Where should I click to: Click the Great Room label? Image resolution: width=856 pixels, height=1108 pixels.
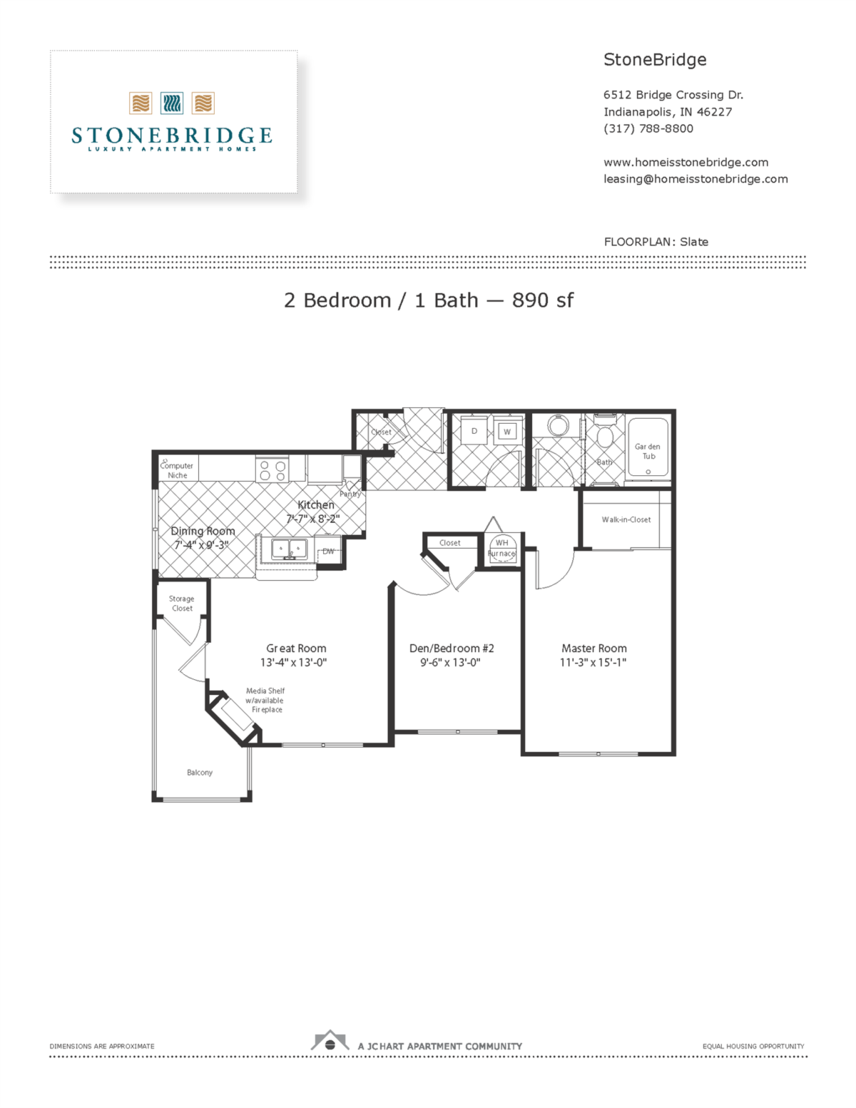pyautogui.click(x=296, y=648)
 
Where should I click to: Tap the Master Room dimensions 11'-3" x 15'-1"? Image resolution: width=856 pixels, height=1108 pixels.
pyautogui.click(x=593, y=663)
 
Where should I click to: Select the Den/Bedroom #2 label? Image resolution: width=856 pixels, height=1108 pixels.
pyautogui.click(x=452, y=648)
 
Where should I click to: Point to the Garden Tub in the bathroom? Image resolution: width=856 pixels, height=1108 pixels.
pyautogui.click(x=648, y=448)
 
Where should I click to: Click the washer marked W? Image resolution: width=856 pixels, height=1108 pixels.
pyautogui.click(x=507, y=432)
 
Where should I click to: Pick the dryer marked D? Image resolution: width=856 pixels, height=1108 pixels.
pyautogui.click(x=474, y=432)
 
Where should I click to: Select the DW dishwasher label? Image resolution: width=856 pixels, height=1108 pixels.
pyautogui.click(x=328, y=552)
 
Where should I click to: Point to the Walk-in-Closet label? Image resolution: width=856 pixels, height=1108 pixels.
pyautogui.click(x=626, y=519)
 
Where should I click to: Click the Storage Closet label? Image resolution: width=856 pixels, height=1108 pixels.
pyautogui.click(x=181, y=604)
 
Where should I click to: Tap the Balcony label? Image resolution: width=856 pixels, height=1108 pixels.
pyautogui.click(x=200, y=772)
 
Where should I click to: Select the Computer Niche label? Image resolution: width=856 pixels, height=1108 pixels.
pyautogui.click(x=177, y=470)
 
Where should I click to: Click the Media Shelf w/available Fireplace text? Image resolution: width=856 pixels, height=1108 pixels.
pyautogui.click(x=265, y=700)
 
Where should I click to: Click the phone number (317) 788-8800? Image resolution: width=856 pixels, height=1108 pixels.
pyautogui.click(x=648, y=128)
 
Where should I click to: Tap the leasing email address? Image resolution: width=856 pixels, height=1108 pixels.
pyautogui.click(x=695, y=179)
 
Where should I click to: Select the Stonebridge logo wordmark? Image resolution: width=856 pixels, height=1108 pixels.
pyautogui.click(x=172, y=135)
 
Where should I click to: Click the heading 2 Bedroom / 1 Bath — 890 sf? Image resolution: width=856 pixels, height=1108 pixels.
pyautogui.click(x=428, y=300)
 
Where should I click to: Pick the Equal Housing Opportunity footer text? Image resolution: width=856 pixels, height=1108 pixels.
pyautogui.click(x=753, y=1046)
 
